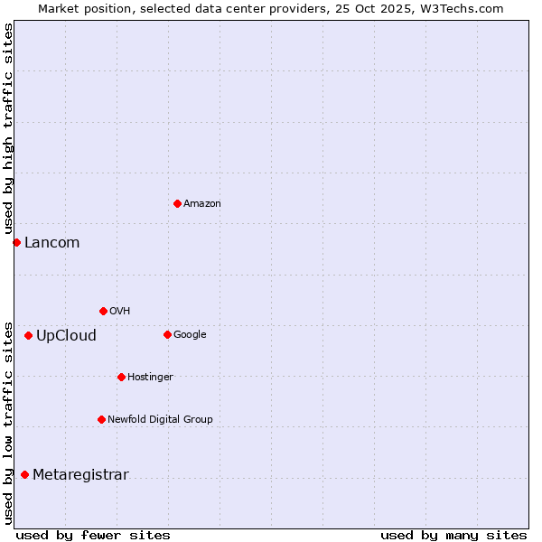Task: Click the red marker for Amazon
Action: (x=177, y=203)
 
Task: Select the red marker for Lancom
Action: (x=16, y=242)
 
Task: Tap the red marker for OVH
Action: (x=103, y=311)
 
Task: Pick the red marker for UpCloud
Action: (x=28, y=335)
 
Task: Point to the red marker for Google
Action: (x=167, y=334)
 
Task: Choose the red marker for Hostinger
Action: (x=121, y=377)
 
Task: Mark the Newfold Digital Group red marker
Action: (x=101, y=419)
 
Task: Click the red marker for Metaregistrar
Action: (x=24, y=474)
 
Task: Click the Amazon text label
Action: (x=202, y=204)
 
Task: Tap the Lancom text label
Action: (x=51, y=242)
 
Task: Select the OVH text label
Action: (x=120, y=312)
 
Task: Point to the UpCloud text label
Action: (x=66, y=336)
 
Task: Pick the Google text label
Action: (x=190, y=335)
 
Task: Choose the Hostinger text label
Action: (x=150, y=378)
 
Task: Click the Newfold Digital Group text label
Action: (x=160, y=420)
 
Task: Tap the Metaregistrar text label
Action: (x=80, y=475)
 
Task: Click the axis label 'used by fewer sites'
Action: (x=93, y=535)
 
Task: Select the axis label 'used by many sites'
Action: (x=453, y=535)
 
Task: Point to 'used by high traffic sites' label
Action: (x=8, y=129)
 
